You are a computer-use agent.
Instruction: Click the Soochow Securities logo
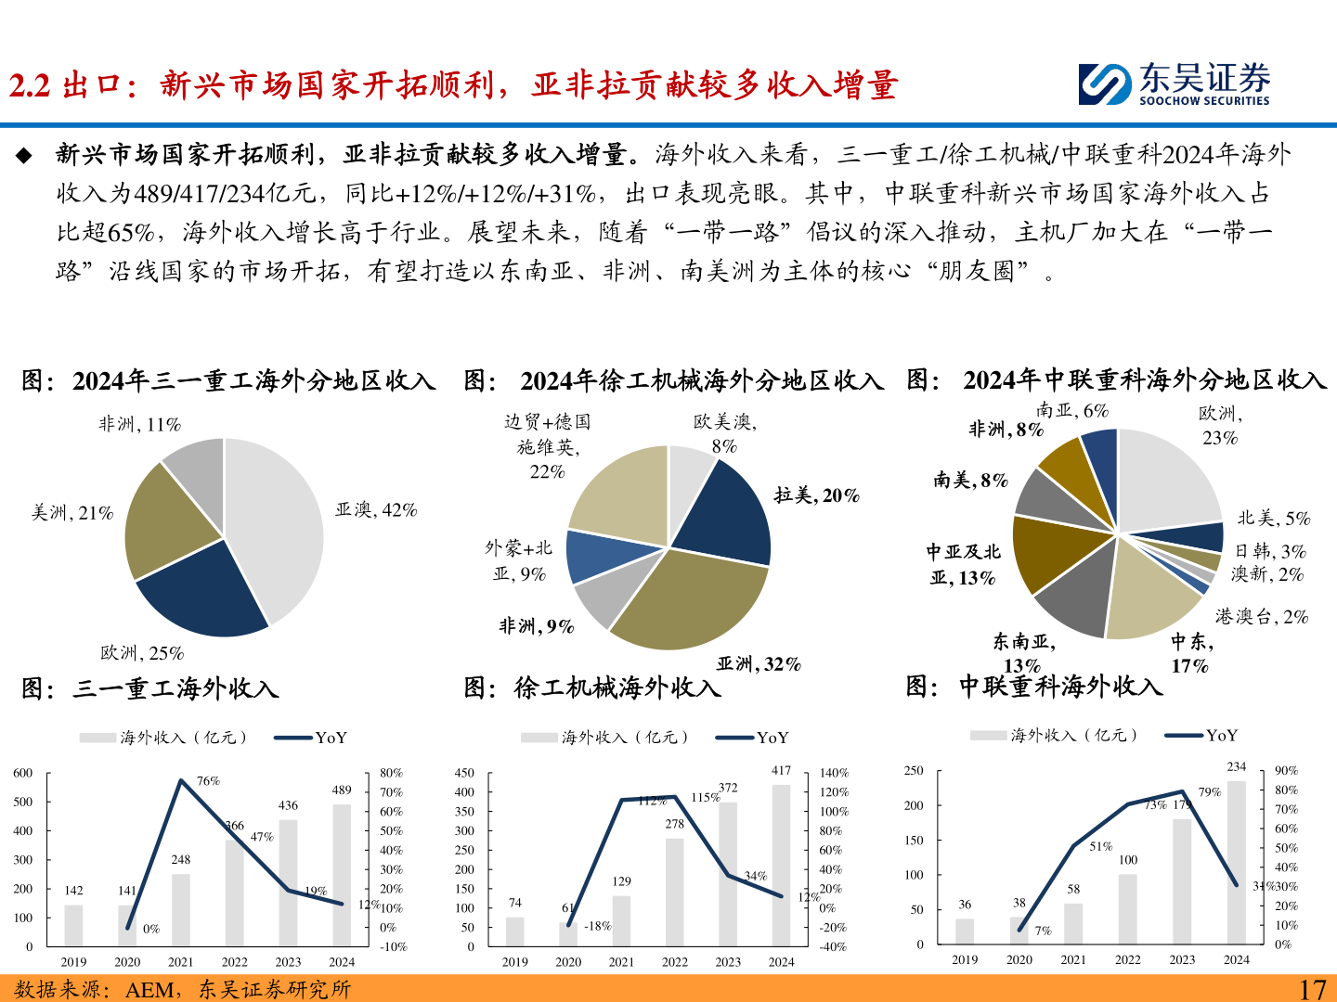[x=1174, y=83]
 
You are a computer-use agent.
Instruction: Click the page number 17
[x=1312, y=989]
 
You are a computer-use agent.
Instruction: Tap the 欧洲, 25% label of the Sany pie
[x=142, y=653]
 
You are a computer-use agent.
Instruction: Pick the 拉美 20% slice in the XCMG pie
[x=726, y=515]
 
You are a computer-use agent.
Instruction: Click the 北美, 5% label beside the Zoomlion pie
[x=1273, y=519]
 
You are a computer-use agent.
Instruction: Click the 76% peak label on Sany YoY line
[x=208, y=781]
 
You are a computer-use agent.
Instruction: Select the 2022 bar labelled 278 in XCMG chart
[x=675, y=891]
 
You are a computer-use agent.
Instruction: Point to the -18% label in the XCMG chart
[x=597, y=926]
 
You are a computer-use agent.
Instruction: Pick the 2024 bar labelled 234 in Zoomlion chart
[x=1237, y=863]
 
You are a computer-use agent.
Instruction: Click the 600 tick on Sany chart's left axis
[x=23, y=773]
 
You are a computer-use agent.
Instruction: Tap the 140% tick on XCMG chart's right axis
[x=834, y=773]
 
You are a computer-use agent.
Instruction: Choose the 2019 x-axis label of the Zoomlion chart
[x=965, y=959]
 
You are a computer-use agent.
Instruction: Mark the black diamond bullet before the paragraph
[x=24, y=155]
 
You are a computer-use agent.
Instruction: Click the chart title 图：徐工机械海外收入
[x=592, y=687]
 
